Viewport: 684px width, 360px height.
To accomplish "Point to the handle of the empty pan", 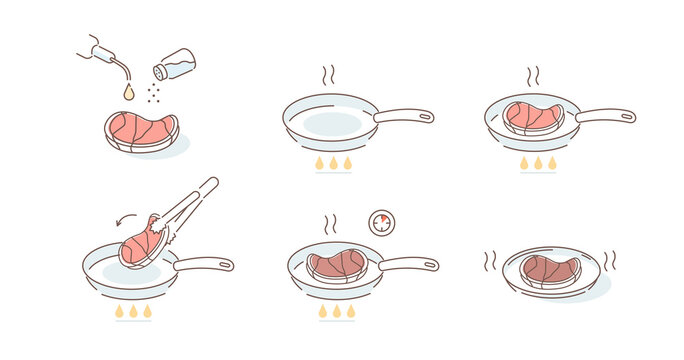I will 404,116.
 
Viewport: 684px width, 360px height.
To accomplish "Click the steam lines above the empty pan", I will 326,76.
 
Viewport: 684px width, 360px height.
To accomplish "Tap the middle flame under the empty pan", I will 333,163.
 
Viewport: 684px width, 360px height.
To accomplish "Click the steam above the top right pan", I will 533,76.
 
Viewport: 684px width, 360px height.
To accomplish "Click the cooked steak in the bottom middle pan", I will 337,265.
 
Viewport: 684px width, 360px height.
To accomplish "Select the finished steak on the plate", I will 550,267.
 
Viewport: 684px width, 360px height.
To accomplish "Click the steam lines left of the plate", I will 491,262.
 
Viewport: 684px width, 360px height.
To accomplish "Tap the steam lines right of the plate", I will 611,260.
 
